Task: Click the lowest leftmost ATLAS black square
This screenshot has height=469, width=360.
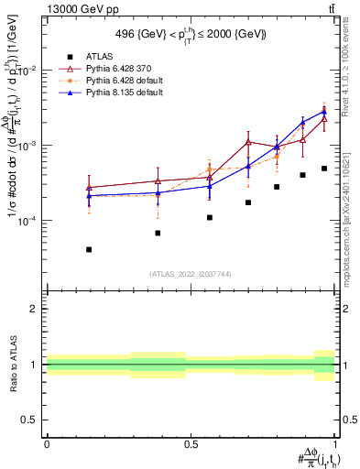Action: point(89,249)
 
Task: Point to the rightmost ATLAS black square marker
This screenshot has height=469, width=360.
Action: point(324,169)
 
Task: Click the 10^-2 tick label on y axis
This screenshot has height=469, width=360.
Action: point(27,71)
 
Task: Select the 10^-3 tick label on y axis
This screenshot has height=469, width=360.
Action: point(27,146)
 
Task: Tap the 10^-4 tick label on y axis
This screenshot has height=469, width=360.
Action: point(27,221)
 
